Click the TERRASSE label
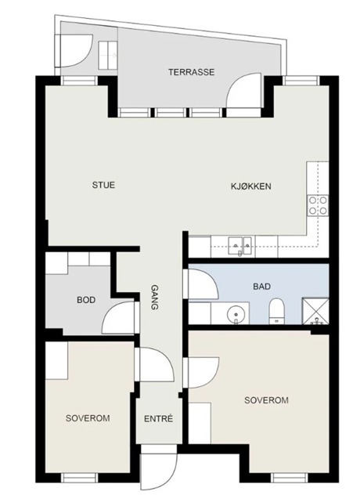[192, 72]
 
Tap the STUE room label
[103, 185]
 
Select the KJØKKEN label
[251, 186]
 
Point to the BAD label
[261, 286]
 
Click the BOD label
[86, 300]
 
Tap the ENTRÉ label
[158, 418]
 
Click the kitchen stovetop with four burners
[318, 205]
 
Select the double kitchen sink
[240, 246]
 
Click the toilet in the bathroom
[276, 311]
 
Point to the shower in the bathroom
[315, 311]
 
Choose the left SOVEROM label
[88, 417]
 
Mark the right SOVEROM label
[266, 400]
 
